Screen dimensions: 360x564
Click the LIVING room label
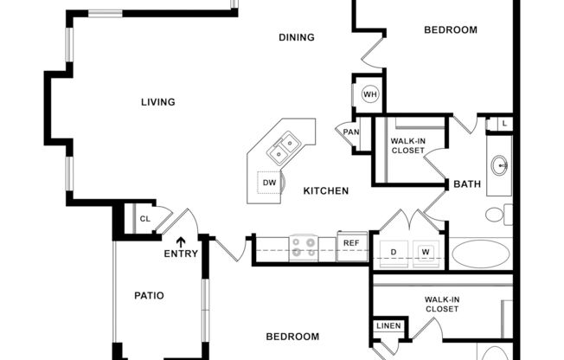158,102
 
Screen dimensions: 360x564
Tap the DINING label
296,37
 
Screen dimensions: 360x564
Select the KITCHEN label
325,190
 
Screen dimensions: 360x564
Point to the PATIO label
149,295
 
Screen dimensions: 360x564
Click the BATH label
467,184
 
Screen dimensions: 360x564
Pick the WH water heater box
370,94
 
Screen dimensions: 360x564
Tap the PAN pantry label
350,132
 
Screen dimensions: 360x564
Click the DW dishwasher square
270,183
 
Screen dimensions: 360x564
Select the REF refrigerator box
350,243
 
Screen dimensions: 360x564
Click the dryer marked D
394,252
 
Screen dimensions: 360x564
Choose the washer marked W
426,252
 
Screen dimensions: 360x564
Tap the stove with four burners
304,247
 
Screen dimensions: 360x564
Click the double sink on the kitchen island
284,149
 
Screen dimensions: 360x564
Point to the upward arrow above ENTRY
181,242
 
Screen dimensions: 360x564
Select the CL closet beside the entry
144,219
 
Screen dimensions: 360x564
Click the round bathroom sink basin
500,164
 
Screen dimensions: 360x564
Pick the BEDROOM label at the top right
450,30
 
